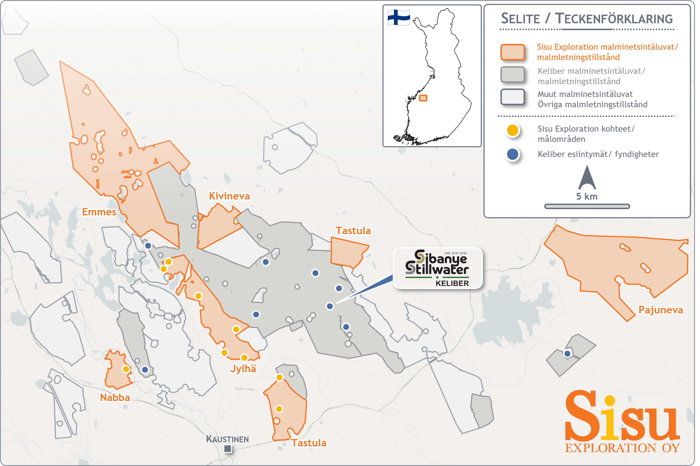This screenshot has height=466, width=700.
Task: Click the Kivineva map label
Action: coord(229,196)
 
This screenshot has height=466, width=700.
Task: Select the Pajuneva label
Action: coord(660,310)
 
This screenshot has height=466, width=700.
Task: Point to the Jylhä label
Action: coord(243,369)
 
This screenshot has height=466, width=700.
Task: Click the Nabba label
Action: coord(115,398)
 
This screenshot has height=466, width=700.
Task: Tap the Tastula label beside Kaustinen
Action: coord(309,443)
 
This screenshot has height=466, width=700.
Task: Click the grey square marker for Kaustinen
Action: coord(228,448)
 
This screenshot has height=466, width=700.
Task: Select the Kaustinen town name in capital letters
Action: coord(227,439)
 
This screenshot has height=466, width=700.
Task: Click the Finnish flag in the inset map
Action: coord(398,18)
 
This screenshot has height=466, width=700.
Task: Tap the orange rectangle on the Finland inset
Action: coord(423,98)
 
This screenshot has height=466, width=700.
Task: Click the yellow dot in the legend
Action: coord(512,130)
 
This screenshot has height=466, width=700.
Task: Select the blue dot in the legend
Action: coord(512,154)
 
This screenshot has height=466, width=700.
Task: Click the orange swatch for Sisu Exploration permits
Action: coord(512,52)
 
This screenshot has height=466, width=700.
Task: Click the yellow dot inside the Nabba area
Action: coord(126,369)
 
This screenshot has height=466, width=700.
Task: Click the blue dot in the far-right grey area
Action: coord(567,354)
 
